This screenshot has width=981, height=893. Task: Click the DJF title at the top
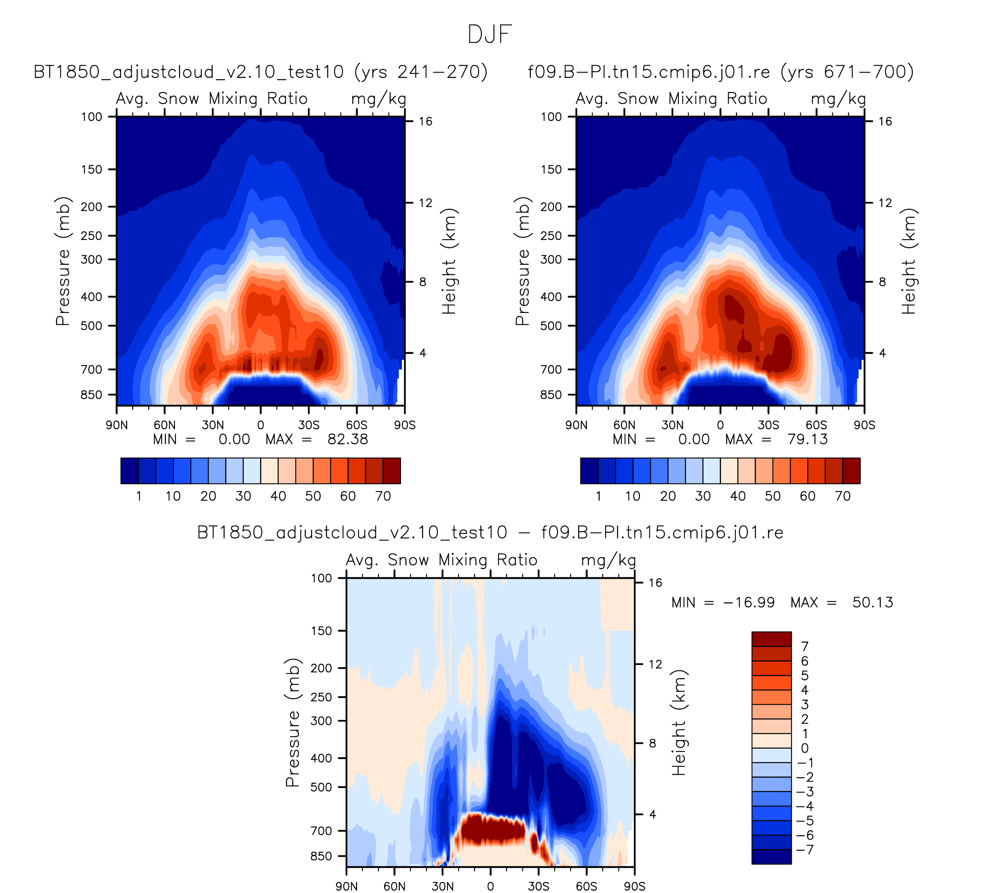490,34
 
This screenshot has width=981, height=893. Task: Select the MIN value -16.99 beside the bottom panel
749,603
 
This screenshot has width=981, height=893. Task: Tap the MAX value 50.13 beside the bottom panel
872,603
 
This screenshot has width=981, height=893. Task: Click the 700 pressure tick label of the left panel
92,370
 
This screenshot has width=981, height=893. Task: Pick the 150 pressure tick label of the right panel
551,169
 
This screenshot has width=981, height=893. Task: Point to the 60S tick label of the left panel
357,425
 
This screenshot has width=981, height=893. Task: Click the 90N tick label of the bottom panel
346,886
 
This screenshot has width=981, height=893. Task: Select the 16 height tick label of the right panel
885,121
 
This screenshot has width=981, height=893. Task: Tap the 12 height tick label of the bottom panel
655,664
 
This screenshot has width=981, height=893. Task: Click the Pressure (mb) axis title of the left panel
63,261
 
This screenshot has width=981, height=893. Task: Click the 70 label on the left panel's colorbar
383,496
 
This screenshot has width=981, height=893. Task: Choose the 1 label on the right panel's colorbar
598,496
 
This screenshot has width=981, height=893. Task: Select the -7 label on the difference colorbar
804,850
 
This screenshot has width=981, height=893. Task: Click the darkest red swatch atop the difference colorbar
771,639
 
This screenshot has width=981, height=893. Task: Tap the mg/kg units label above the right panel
838,99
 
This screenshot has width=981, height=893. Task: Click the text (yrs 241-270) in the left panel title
420,72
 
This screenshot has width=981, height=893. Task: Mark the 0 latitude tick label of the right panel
720,425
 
